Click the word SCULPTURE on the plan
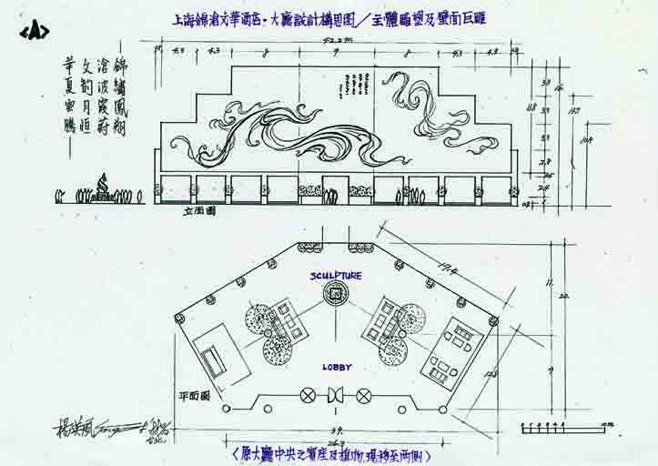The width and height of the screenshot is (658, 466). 336,275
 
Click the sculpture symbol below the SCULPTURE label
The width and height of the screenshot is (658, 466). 336,294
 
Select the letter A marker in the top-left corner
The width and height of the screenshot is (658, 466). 34,30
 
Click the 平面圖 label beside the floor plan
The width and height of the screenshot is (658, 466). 195,396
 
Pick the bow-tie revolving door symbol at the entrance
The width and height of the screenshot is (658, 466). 336,395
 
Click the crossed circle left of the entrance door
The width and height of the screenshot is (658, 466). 308,395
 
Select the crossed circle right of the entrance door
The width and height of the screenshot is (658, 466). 364,395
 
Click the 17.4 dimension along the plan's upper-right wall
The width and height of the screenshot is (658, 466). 446,266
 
